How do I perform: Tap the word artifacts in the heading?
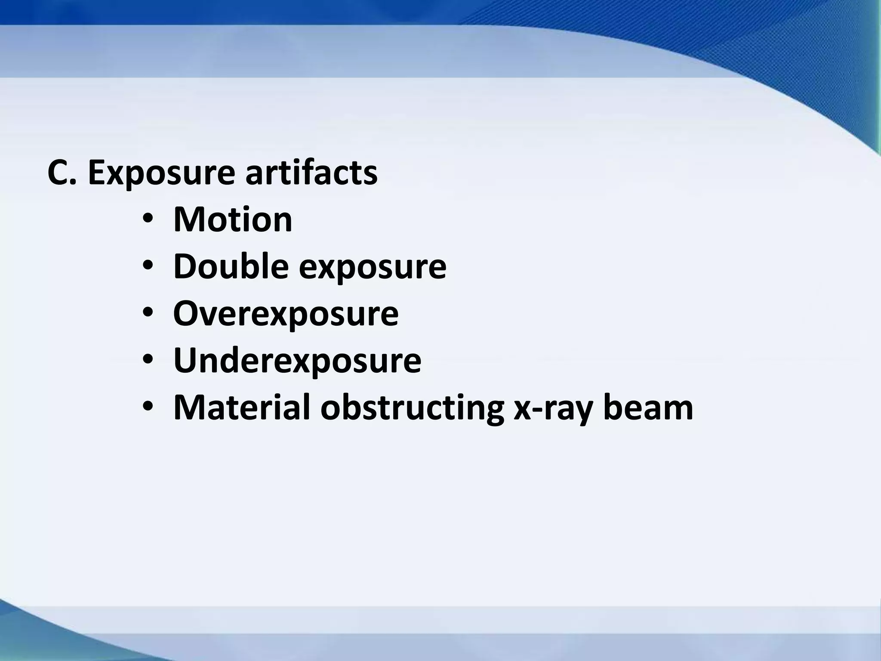tap(311, 173)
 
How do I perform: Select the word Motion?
tap(233, 220)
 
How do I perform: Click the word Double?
tap(231, 266)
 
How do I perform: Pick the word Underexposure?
tap(297, 361)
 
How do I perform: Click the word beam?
tap(648, 407)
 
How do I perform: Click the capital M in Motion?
tap(188, 220)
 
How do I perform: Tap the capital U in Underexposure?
tap(186, 361)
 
